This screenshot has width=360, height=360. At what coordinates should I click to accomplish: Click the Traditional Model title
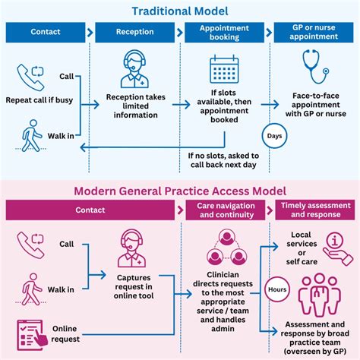pos(180,11)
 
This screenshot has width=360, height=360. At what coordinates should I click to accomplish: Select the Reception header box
pos(135,33)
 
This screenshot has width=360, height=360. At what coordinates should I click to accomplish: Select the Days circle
pos(274,135)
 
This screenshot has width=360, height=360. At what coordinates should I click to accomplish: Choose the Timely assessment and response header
pos(315,210)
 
